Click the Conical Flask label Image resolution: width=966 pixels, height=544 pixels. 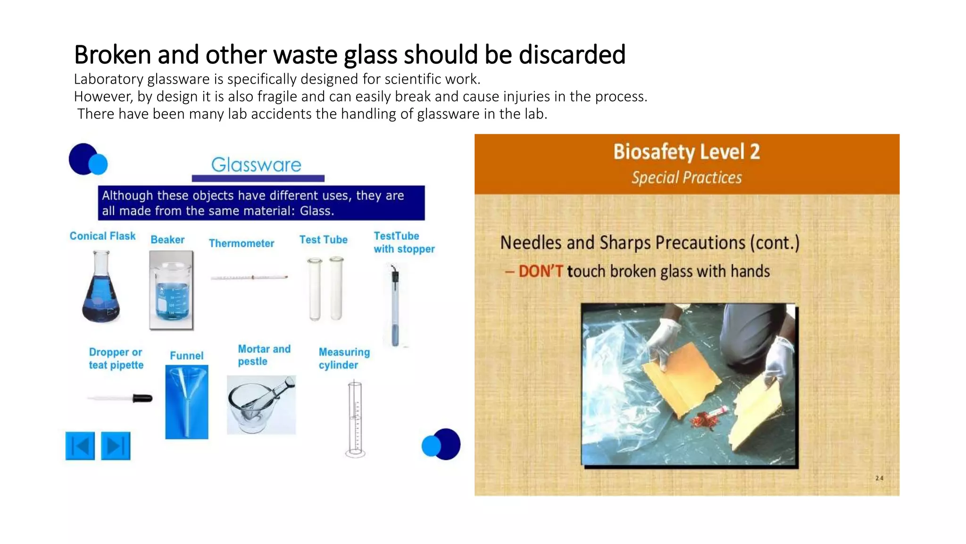click(x=102, y=236)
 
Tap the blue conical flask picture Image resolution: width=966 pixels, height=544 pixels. click(x=101, y=288)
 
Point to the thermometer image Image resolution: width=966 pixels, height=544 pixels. click(x=249, y=277)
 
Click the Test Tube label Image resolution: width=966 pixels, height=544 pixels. click(x=323, y=240)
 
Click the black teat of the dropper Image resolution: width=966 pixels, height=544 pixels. click(x=142, y=399)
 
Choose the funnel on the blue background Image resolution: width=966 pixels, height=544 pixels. click(x=187, y=402)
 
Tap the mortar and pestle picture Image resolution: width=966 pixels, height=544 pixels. click(x=261, y=405)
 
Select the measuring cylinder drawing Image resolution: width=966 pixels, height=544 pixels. click(x=355, y=419)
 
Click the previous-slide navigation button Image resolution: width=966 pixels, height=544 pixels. click(x=80, y=446)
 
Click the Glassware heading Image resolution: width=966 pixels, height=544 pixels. click(x=256, y=165)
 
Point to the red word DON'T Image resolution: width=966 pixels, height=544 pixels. click(x=541, y=272)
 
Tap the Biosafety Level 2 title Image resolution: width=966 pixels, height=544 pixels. click(x=686, y=152)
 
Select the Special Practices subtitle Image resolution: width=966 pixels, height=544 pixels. click(x=686, y=178)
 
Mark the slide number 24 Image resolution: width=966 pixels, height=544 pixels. click(x=879, y=478)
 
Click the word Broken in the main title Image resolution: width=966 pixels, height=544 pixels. click(x=113, y=55)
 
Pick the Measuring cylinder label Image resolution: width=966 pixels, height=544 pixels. click(x=344, y=358)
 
